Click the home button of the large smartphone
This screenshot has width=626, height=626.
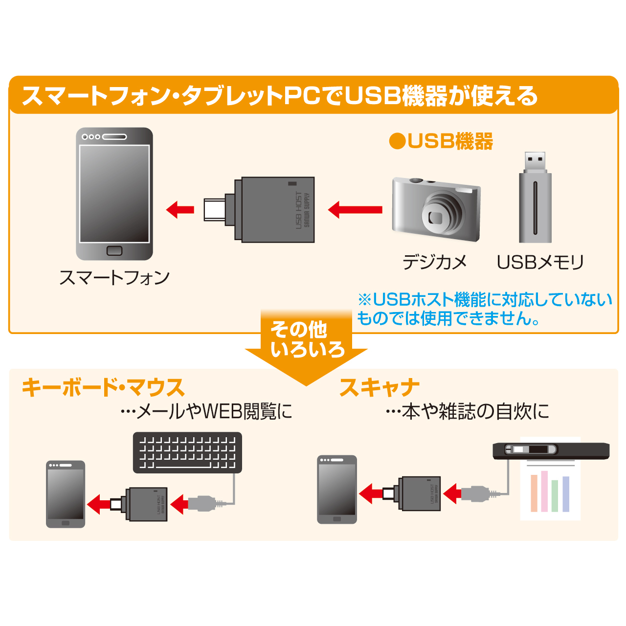coord(114,251)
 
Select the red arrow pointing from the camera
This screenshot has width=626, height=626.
coord(356,210)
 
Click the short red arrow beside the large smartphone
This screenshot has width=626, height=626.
coord(180,210)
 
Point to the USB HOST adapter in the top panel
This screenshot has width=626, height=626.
coord(274,210)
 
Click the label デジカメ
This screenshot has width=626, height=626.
coord(435,263)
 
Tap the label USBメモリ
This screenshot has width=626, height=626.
coord(540,263)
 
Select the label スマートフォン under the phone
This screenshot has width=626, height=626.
coord(114,278)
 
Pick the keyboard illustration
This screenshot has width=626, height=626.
coord(187,452)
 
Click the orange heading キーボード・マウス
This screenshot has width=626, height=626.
coord(103,388)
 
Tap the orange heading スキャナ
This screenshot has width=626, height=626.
coord(380,388)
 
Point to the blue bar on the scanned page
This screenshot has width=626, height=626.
coord(566,494)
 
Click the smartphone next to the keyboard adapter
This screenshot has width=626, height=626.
coord(66,494)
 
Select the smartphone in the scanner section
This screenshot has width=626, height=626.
coord(337,490)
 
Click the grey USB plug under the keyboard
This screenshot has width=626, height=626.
coord(201,503)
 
